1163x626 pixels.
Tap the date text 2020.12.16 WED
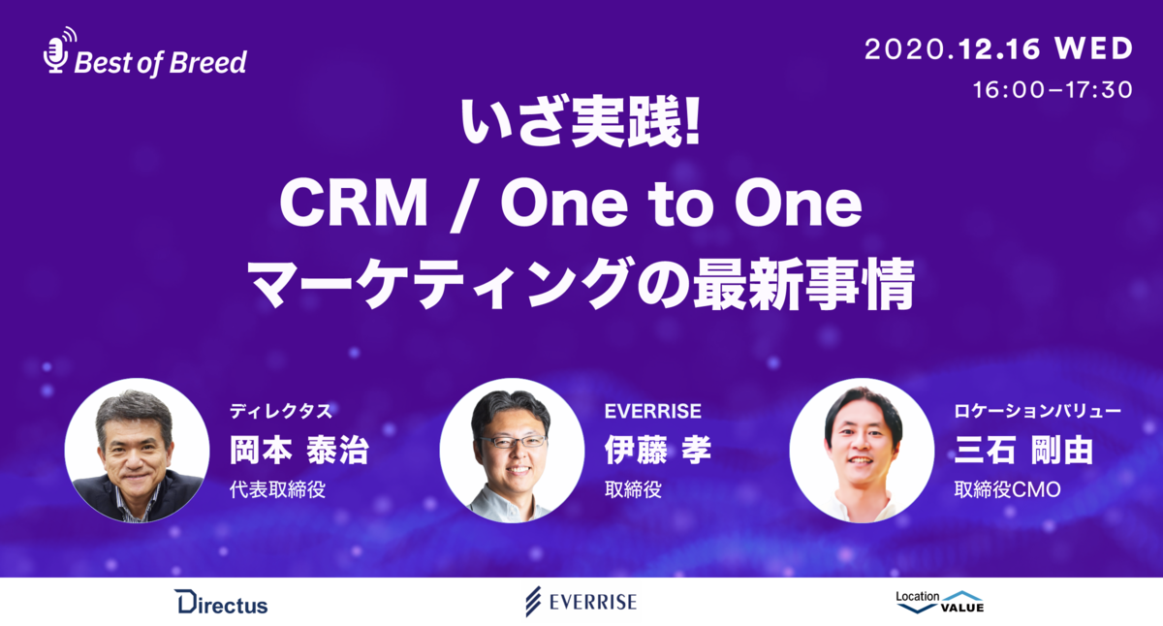(997, 48)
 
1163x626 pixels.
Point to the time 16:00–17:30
(1053, 90)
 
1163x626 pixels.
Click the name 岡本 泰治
(299, 451)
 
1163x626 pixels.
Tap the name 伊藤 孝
(656, 451)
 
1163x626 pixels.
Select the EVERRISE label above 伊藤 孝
(652, 411)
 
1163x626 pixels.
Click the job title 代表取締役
(276, 489)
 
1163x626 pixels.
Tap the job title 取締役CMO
(1007, 489)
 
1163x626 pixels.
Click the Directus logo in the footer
(221, 603)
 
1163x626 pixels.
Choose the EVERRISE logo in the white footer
(581, 602)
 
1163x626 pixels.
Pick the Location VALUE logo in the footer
(939, 602)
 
